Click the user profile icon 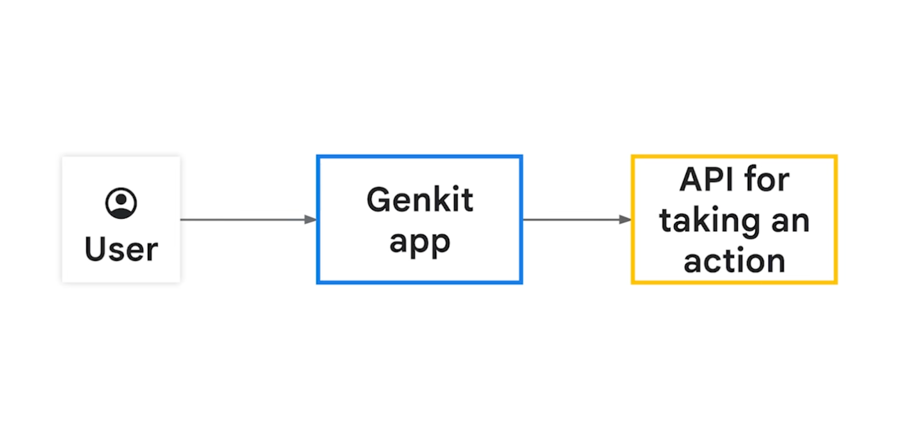[x=121, y=203]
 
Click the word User [x=121, y=249]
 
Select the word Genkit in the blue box [x=420, y=199]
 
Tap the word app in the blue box [x=420, y=242]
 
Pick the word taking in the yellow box [x=710, y=222]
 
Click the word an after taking [x=790, y=222]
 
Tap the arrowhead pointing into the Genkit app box [x=311, y=219]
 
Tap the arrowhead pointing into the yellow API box [x=625, y=219]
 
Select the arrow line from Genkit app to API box [x=577, y=219]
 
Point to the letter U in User [x=95, y=249]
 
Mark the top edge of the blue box [x=420, y=157]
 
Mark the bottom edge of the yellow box [x=734, y=282]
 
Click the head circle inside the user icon [x=121, y=199]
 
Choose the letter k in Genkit [x=437, y=199]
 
